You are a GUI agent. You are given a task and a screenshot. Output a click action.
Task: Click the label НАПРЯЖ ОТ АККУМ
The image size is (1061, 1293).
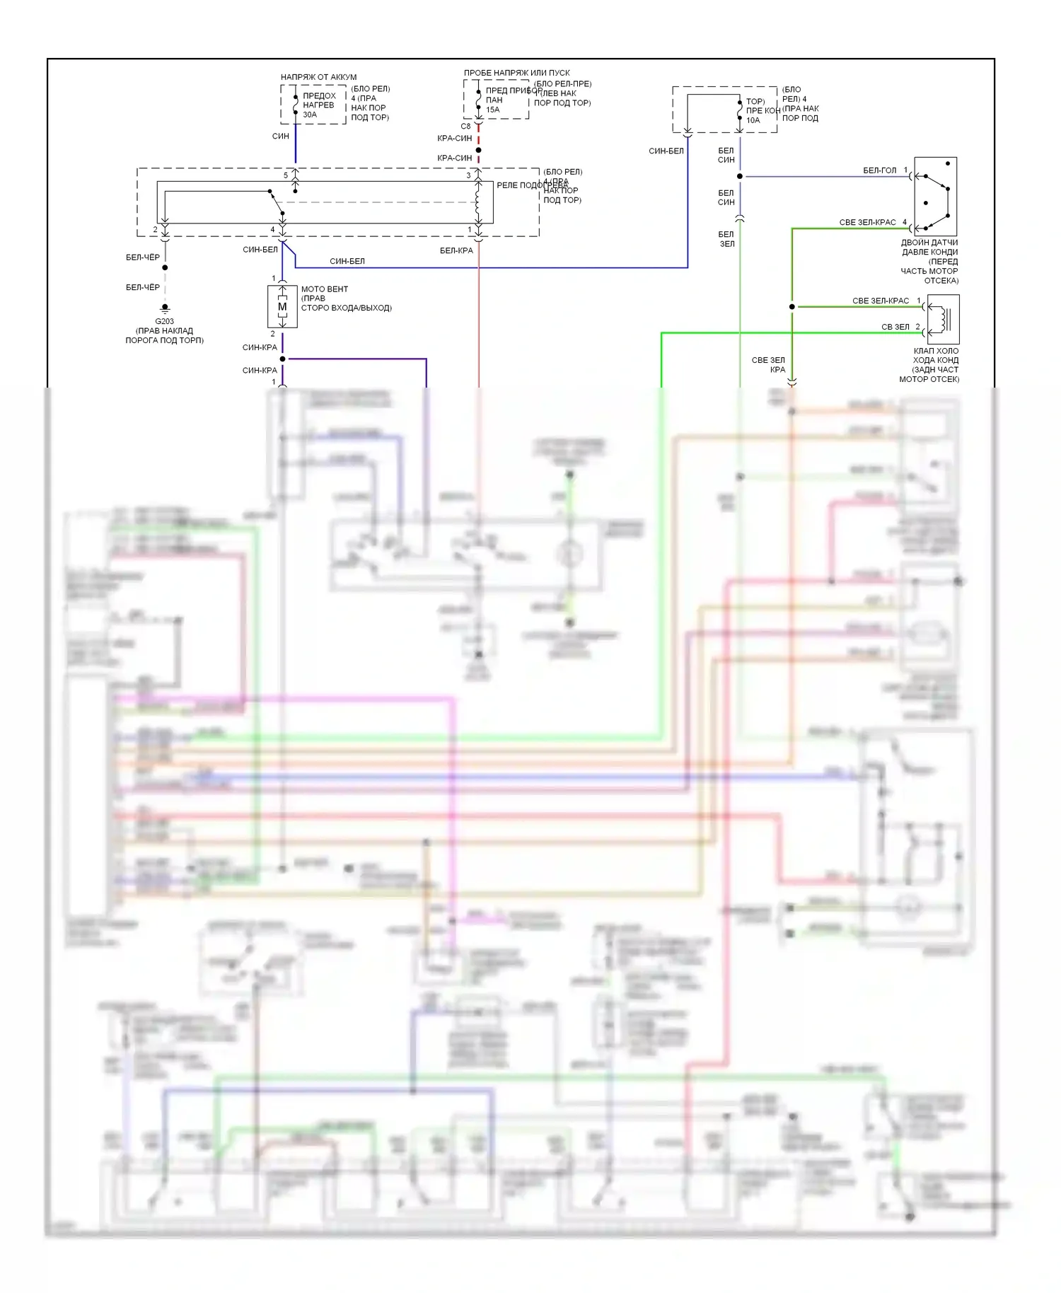[318, 77]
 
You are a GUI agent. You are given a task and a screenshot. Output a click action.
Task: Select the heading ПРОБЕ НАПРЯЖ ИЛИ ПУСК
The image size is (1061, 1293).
[516, 73]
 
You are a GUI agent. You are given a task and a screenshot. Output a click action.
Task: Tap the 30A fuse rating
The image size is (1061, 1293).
[310, 115]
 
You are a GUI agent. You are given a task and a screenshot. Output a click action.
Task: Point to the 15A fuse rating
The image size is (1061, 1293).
[492, 110]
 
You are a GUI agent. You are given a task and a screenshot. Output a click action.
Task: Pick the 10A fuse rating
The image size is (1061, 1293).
[753, 120]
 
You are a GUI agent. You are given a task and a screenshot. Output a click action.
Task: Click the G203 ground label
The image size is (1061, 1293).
[164, 321]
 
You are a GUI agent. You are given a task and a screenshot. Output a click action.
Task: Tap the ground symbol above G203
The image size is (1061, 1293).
[165, 308]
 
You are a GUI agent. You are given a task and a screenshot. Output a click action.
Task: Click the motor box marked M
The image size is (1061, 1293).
[282, 307]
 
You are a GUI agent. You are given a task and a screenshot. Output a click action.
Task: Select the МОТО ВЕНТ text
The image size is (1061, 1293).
[325, 289]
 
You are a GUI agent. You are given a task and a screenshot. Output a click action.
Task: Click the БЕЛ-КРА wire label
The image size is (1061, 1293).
[456, 250]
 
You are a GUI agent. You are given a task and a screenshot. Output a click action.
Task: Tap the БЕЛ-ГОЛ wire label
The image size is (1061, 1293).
[879, 170]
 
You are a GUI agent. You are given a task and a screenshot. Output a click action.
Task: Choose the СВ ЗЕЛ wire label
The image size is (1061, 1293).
[895, 327]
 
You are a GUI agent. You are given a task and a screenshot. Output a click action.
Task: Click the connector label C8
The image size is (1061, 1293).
[465, 127]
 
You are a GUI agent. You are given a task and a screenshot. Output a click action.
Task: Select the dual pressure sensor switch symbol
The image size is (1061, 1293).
[935, 197]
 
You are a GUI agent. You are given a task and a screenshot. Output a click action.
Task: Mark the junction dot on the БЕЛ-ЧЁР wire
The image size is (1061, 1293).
[165, 267]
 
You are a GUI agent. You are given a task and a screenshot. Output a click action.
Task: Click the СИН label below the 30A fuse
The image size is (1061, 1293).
[280, 136]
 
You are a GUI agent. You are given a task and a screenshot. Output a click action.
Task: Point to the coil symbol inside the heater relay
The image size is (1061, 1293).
[478, 201]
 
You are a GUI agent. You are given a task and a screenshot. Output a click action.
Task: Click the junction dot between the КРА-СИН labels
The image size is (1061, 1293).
[478, 150]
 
